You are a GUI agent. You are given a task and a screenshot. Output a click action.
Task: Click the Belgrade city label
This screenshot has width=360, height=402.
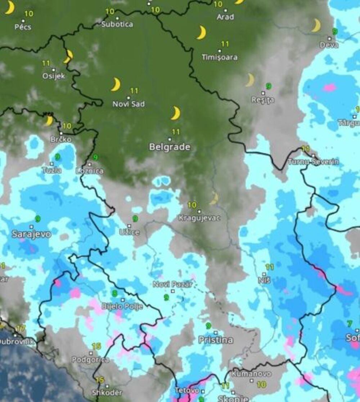pyautogui.click(x=170, y=147)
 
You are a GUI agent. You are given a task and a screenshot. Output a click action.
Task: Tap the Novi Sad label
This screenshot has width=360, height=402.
pyautogui.click(x=129, y=104)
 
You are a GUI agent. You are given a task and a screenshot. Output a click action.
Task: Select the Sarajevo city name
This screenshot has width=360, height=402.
pyautogui.click(x=31, y=234)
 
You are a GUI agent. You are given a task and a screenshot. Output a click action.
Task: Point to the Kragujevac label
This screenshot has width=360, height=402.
pyautogui.click(x=199, y=218)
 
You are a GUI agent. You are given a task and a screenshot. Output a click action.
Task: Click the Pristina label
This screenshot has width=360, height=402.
pyautogui.click(x=216, y=340)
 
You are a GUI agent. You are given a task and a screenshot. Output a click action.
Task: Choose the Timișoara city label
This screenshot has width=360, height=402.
pyautogui.click(x=220, y=57)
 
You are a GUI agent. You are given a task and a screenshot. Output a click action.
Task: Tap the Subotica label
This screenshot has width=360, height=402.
pyautogui.click(x=117, y=24)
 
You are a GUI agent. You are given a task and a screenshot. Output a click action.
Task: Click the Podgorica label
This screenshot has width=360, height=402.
pyautogui.click(x=90, y=359)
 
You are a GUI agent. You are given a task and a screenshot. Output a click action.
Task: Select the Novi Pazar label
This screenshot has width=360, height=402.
pyautogui.click(x=172, y=284)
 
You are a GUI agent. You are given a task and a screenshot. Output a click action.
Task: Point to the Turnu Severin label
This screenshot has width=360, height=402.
pyautogui.click(x=313, y=162)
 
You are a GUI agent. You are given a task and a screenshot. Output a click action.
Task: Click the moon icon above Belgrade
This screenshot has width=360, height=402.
pyautogui.click(x=176, y=113)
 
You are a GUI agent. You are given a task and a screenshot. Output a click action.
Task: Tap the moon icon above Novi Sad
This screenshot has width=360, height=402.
pyautogui.click(x=116, y=85)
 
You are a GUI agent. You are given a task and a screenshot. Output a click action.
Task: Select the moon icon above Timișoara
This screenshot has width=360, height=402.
pyautogui.click(x=202, y=32)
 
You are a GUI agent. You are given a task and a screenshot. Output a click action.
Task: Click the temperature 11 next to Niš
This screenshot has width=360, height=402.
pyautogui.click(x=270, y=267)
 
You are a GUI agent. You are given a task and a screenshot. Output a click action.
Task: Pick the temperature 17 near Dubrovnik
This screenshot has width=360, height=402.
pyautogui.click(x=21, y=328)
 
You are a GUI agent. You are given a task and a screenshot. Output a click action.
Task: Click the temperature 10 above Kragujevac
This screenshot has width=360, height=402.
pyautogui.click(x=192, y=205)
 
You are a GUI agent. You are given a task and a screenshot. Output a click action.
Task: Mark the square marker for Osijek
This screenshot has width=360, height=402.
pyautogui.click(x=54, y=70)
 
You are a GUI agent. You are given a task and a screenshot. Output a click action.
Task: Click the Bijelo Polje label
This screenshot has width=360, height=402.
pyautogui.click(x=122, y=306)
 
